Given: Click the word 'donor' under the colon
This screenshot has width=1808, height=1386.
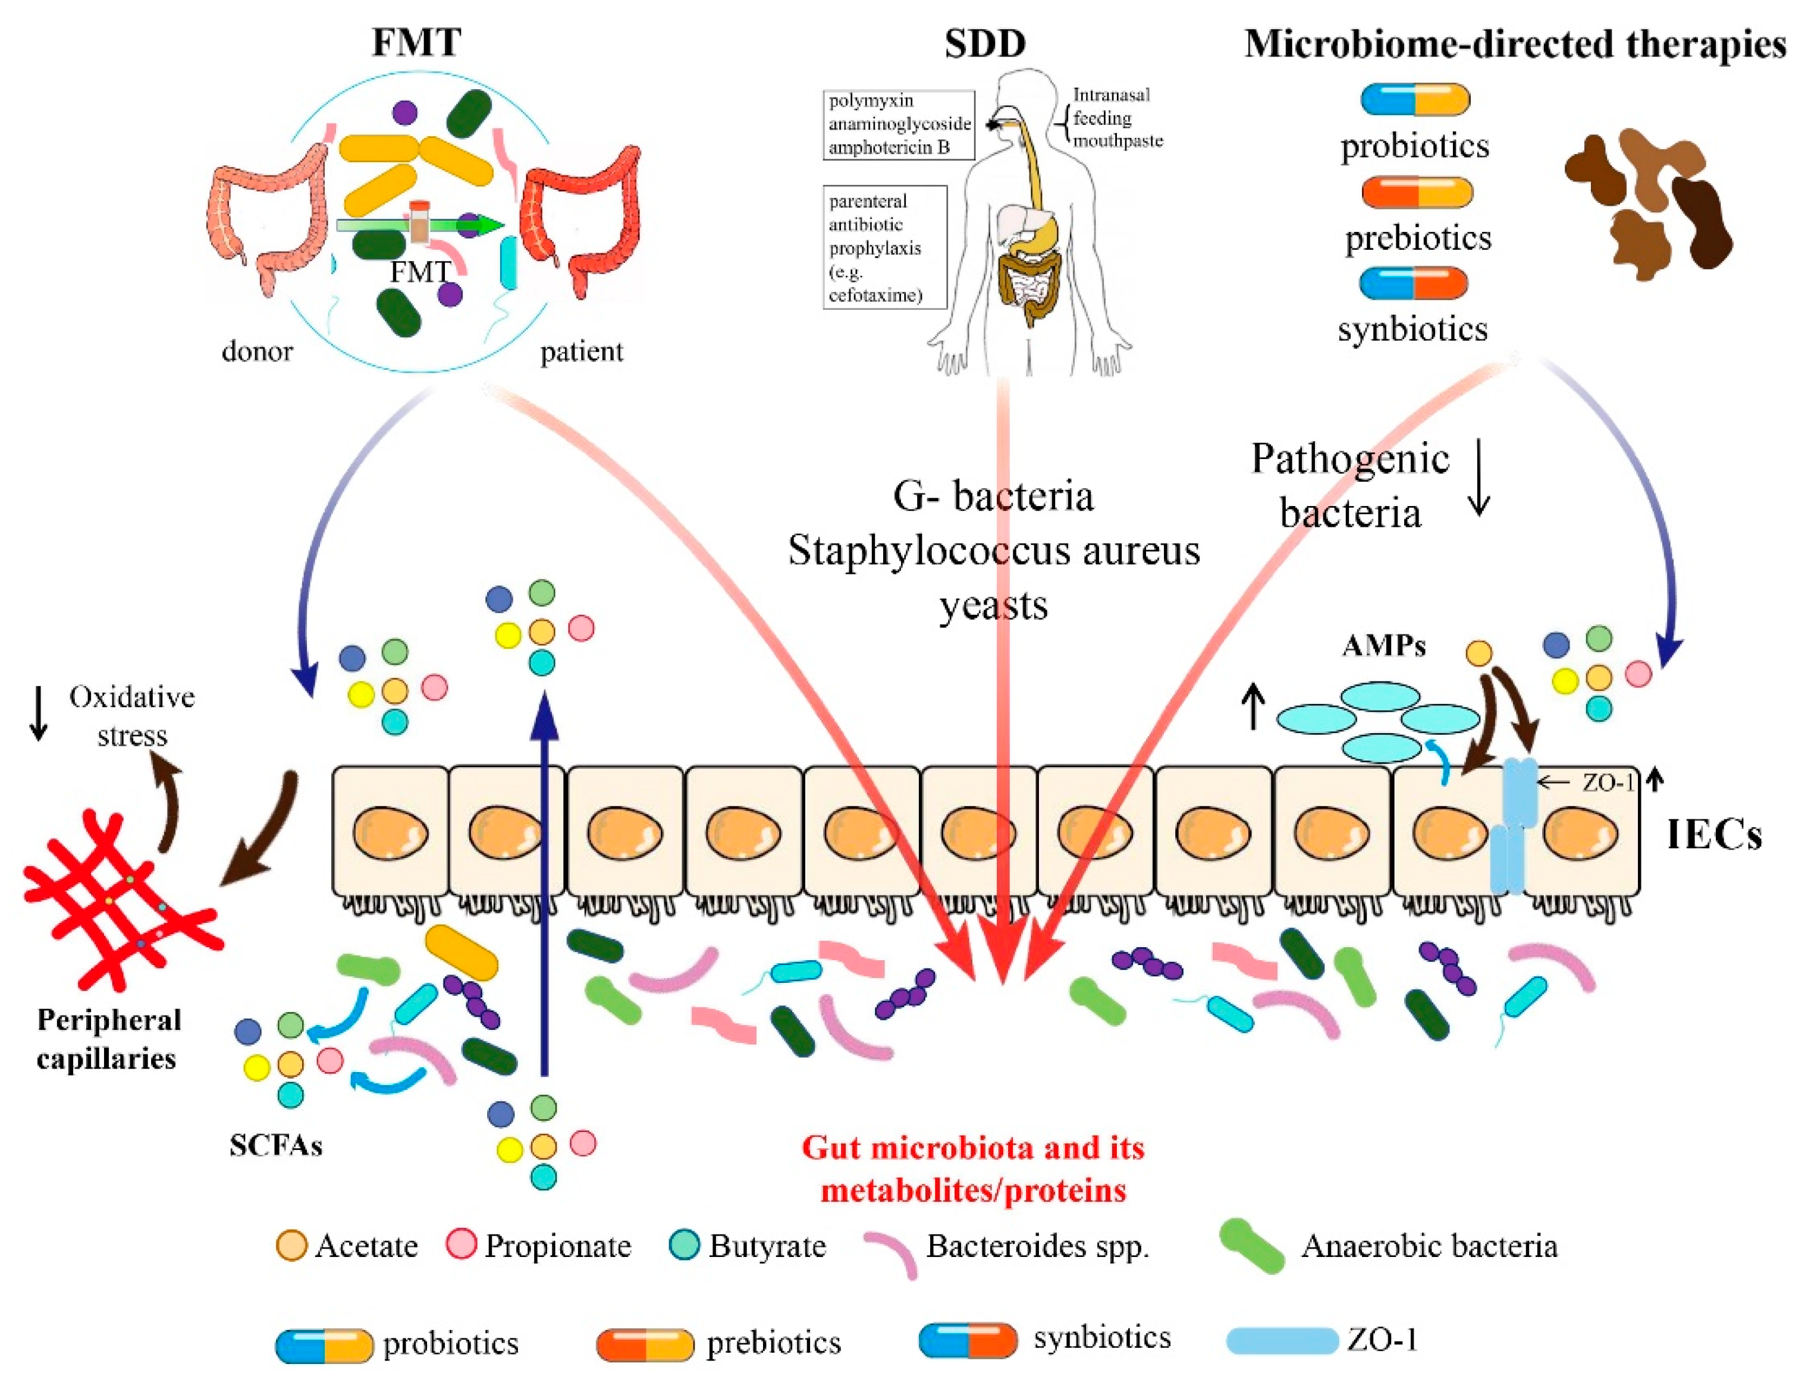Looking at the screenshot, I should point(257,351).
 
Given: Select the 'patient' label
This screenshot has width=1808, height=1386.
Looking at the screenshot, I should point(581,351).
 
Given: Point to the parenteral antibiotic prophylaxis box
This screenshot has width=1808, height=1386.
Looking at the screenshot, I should point(884,247).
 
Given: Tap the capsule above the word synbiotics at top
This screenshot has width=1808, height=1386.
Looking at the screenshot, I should point(1414,283).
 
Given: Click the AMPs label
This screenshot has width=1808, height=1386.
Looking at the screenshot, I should point(1383,645).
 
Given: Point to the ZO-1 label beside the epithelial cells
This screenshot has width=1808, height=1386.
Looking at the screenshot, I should point(1608,782).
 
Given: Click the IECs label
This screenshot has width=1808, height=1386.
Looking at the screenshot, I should point(1714,834).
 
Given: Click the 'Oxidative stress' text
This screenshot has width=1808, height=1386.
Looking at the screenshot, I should point(132,715).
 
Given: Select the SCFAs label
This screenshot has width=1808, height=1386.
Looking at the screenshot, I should point(275,1145).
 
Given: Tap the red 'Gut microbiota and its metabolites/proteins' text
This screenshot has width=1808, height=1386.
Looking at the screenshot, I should point(973,1169).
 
